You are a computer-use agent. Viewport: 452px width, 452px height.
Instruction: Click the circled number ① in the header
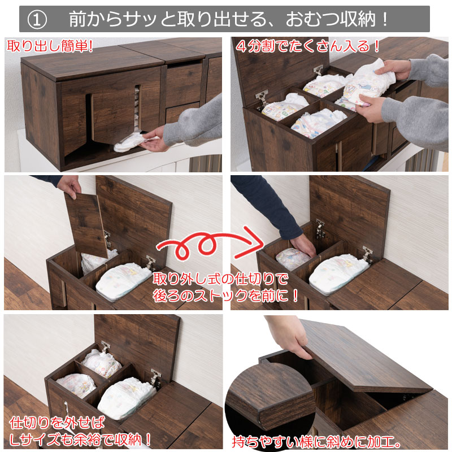pyautogui.click(x=37, y=20)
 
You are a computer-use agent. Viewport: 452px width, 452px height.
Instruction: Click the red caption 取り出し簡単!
pyautogui.click(x=50, y=46)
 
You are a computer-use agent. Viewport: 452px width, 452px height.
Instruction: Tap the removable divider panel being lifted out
pyautogui.click(x=86, y=224)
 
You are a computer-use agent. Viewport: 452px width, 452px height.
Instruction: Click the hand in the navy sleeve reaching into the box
pyautogui.click(x=303, y=245)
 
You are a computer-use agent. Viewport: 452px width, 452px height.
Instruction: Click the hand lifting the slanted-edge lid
pyautogui.click(x=288, y=336)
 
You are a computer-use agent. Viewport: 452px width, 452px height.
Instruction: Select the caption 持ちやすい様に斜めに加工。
pyautogui.click(x=316, y=442)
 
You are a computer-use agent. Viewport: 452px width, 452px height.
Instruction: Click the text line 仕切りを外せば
pyautogui.click(x=57, y=423)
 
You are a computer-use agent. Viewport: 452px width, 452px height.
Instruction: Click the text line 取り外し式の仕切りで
pyautogui.click(x=220, y=279)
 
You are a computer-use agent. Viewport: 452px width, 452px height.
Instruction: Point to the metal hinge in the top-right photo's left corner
pyautogui.click(x=262, y=98)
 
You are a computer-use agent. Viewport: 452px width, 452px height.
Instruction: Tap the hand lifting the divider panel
pyautogui.click(x=69, y=186)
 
